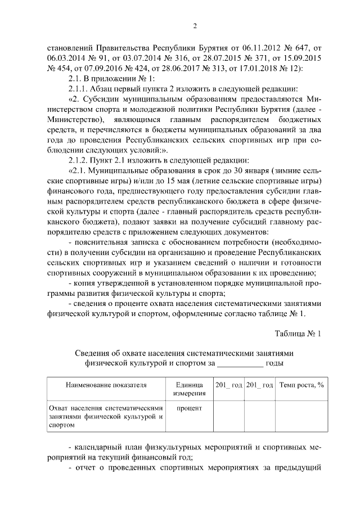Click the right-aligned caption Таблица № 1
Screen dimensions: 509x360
[298, 333]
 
